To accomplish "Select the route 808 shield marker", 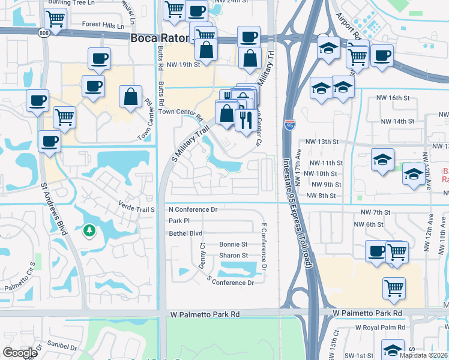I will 43,32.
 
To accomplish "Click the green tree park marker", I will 89,230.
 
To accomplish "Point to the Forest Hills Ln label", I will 103,26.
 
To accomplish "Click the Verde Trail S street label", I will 137,209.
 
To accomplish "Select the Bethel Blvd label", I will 185,233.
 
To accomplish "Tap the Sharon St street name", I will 234,256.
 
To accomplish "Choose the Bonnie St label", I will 234,244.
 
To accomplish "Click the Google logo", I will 20,353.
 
